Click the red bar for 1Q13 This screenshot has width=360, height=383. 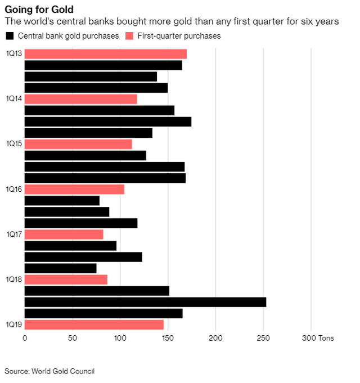pos(106,54)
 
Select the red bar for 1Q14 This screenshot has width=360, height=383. pos(81,99)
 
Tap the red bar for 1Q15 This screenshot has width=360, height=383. pos(78,144)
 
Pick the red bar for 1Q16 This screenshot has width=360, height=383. pos(74,190)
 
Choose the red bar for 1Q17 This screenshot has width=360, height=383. pos(64,235)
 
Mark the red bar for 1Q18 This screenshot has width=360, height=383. pos(66,280)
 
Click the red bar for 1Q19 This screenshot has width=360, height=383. pos(94,325)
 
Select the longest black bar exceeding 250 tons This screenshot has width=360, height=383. pos(145,302)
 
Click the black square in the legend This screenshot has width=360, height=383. pos(10,36)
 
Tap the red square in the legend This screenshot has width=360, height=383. pos(129,36)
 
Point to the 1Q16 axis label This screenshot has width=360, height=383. pos(14,190)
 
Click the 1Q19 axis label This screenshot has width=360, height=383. pos(14,325)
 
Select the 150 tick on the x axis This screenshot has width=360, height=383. pos(168,338)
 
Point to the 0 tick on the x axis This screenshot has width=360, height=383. pos(25,338)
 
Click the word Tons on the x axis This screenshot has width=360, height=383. pos(326,338)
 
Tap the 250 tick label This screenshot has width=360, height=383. pos(263,338)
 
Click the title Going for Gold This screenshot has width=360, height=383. pos(39,10)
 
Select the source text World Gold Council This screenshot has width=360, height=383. pos(63,371)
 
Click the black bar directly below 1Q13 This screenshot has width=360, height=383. pos(103,65)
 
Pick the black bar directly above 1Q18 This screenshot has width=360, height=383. pos(61,268)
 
